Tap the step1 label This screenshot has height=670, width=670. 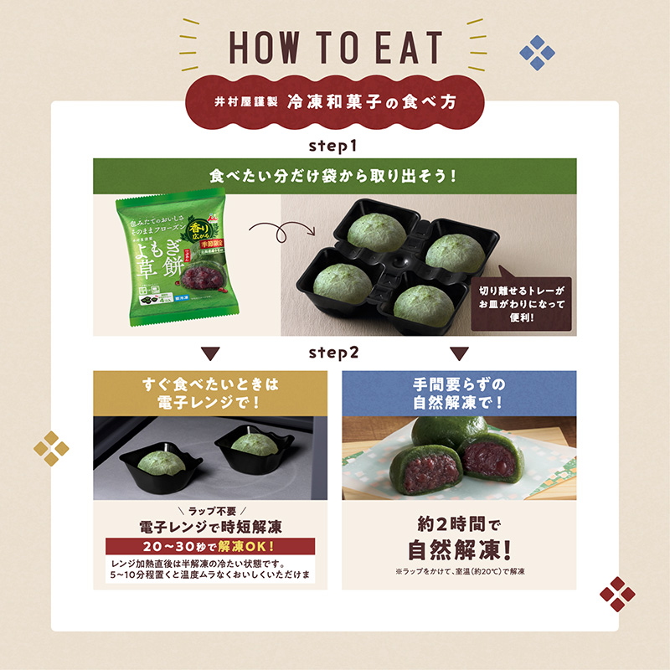[333, 146]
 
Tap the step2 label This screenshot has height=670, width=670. [333, 352]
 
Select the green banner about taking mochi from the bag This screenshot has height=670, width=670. [334, 178]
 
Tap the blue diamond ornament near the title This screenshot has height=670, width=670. [537, 53]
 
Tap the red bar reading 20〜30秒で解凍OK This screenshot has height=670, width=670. [210, 546]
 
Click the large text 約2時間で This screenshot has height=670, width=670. [459, 527]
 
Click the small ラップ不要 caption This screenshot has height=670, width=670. [210, 511]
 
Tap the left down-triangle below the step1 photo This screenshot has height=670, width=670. [210, 353]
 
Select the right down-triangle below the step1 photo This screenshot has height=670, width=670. [458, 353]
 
